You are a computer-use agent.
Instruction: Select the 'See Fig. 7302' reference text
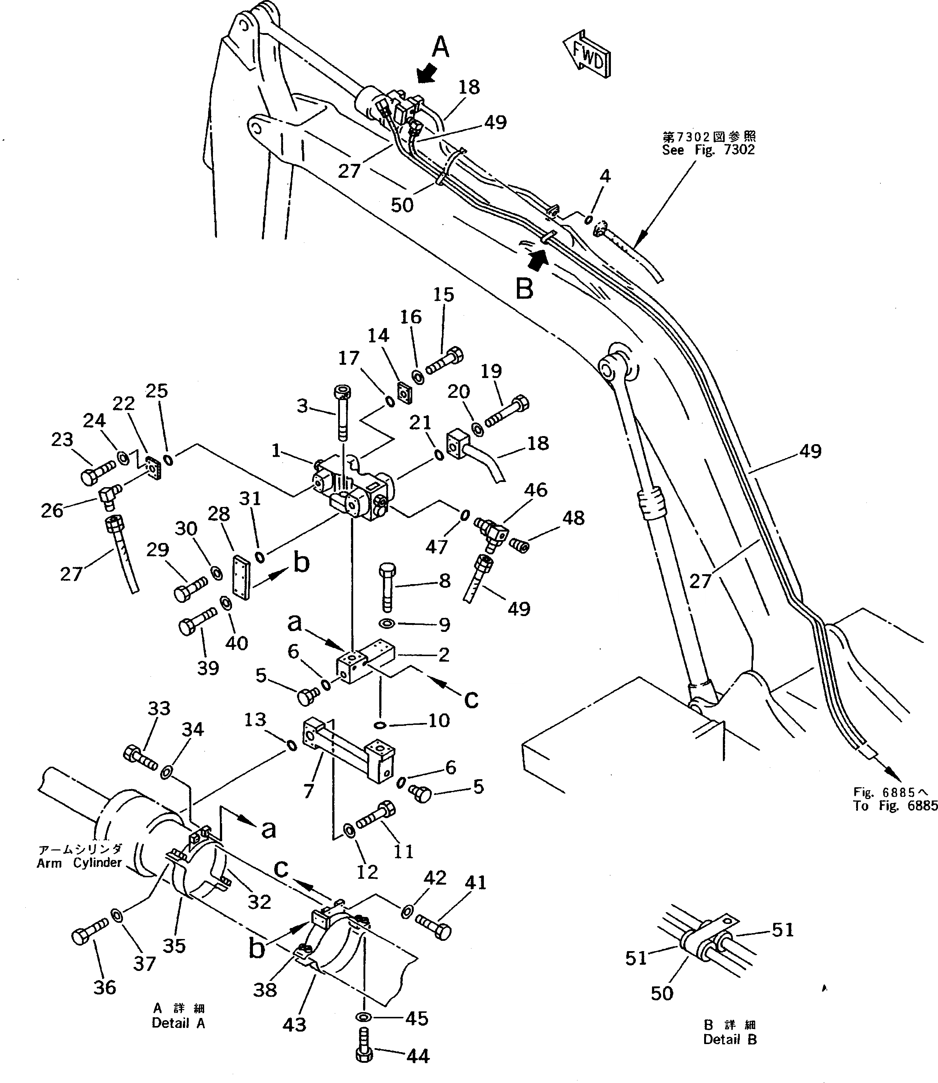tap(708, 150)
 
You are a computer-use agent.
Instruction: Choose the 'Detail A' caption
tap(178, 1023)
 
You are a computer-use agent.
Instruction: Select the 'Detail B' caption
tap(730, 1040)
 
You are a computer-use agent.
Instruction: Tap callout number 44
tap(418, 1056)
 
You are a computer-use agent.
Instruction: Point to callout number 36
tap(104, 987)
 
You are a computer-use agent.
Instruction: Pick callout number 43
tap(294, 1024)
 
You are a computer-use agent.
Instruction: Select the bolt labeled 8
tap(387, 587)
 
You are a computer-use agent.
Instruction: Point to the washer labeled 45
tap(363, 1017)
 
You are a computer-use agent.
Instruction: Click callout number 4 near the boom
tap(605, 176)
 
